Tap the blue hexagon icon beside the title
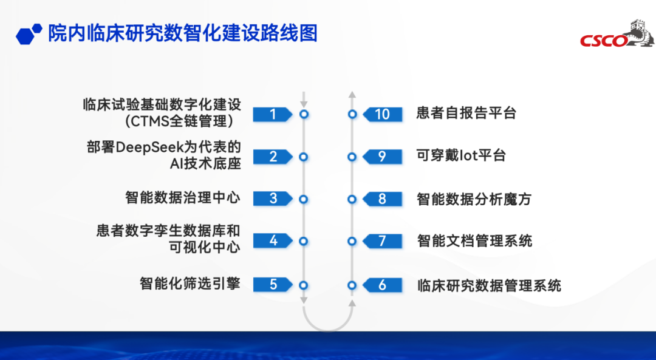point(29,34)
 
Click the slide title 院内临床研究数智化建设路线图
point(183,33)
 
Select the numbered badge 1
point(272,114)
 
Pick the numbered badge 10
point(383,114)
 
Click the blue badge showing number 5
point(272,285)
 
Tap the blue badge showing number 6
point(383,285)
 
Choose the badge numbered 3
point(272,199)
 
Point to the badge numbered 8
point(383,199)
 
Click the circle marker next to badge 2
point(304,157)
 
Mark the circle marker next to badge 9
point(352,157)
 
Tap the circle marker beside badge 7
point(352,241)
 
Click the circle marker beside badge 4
point(304,241)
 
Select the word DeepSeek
point(150,147)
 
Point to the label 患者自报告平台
point(466,113)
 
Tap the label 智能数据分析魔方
point(474,199)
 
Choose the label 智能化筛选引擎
point(190,284)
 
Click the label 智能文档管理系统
point(474,241)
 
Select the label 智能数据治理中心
point(183,197)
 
